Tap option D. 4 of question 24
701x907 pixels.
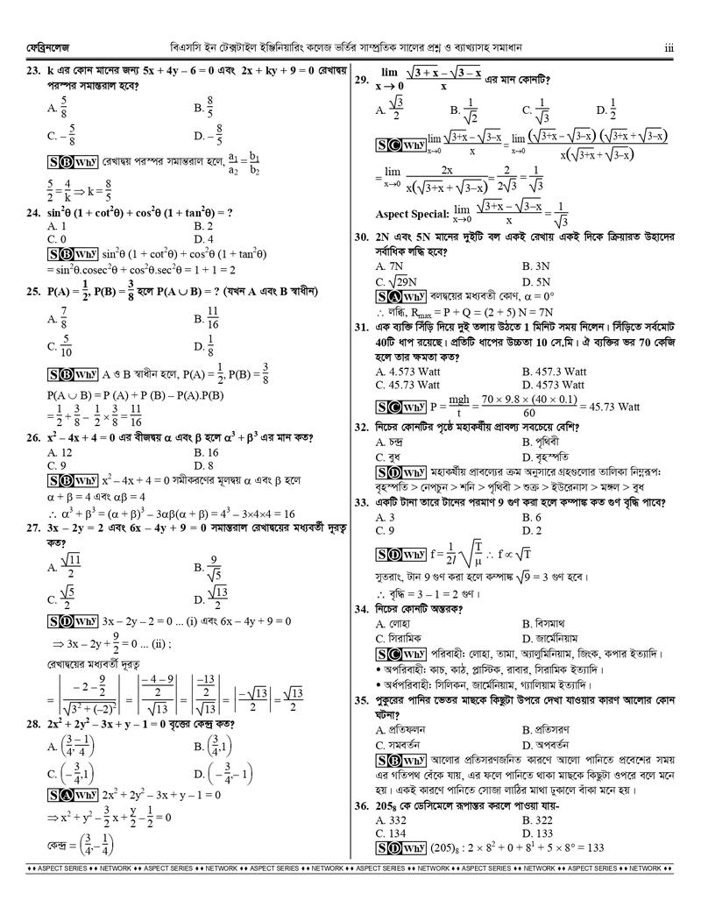(x=203, y=238)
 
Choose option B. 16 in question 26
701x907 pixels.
(x=206, y=452)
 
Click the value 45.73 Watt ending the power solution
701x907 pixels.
(x=610, y=407)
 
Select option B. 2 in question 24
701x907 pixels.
(x=203, y=226)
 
